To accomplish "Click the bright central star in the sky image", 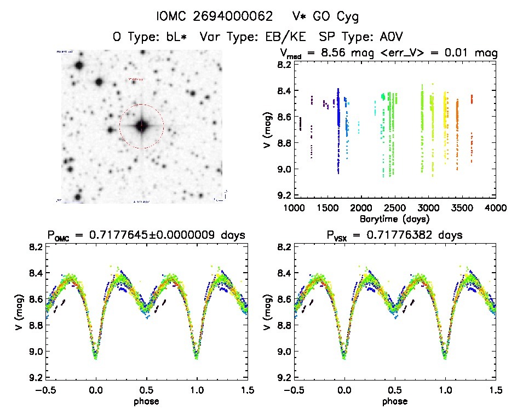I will coord(141,126).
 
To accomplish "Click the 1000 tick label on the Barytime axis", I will coord(294,208).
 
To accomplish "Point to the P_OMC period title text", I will coord(146,235).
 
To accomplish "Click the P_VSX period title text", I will coord(394,235).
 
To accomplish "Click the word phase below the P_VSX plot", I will coord(394,401).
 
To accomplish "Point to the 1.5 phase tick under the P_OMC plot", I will coord(247,390).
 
